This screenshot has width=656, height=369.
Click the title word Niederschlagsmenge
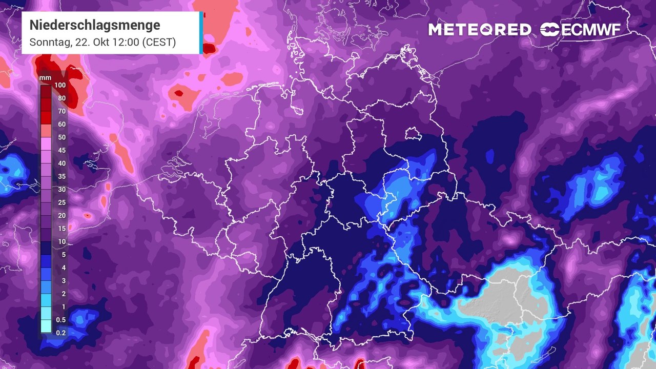coord(94,25)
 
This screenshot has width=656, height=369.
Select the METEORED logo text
coord(480,30)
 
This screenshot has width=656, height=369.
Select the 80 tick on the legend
coord(61,98)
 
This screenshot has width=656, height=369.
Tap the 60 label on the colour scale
coord(61,124)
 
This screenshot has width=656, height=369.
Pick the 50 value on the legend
coord(61,137)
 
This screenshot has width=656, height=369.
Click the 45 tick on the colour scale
coord(61,150)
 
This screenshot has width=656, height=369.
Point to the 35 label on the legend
coord(61,176)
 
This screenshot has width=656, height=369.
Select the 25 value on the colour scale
coord(61,202)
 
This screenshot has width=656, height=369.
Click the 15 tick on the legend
coord(61,228)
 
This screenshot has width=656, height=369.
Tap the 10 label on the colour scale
coord(61,241)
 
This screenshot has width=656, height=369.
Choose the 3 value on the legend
coord(64,280)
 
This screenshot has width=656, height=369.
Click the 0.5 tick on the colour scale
coord(61,319)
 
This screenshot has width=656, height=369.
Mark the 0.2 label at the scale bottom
coord(61,333)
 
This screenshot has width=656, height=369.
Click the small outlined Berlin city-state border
coord(412,134)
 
